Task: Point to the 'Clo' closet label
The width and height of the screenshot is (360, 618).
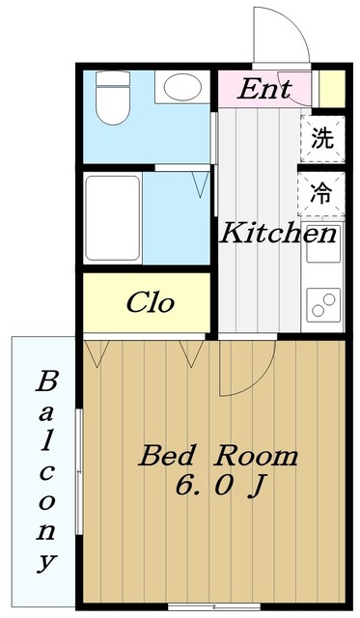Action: pos(151,303)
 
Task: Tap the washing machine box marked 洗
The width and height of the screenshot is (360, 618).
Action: pos(322,137)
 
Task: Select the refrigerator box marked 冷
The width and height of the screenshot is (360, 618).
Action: pos(321,191)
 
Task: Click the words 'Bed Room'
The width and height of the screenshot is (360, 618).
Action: pos(217,455)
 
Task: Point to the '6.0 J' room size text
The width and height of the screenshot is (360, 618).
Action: pos(219,486)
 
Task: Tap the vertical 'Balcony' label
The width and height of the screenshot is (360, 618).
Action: pos(45,470)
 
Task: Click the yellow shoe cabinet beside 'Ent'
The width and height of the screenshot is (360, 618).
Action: pos(331,89)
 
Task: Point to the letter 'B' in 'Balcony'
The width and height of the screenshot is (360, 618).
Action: pos(45,381)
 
